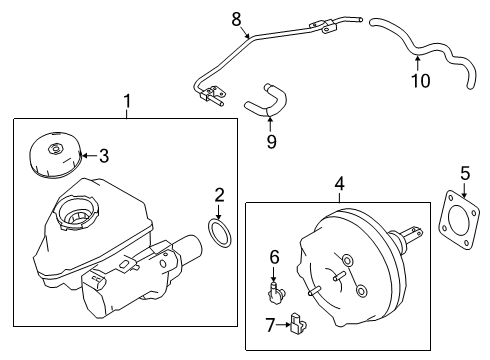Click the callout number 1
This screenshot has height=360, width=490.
tap(127, 101)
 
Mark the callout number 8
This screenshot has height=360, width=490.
tap(236, 17)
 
